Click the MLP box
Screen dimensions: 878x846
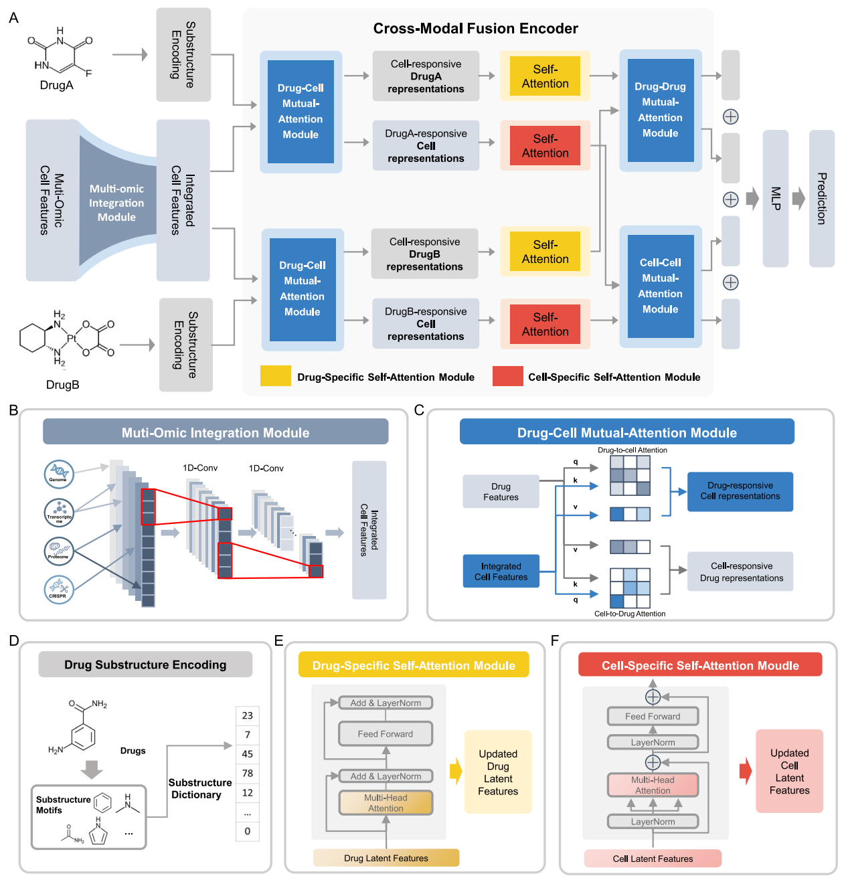(775, 198)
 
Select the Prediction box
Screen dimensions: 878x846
(821, 198)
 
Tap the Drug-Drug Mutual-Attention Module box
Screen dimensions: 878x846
(660, 110)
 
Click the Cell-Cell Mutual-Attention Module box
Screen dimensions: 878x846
(660, 286)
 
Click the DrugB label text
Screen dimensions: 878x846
(63, 385)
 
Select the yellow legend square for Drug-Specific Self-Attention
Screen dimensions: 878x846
(275, 376)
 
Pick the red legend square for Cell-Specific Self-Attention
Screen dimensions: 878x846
(507, 376)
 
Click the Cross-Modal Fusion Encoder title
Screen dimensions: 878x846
(475, 29)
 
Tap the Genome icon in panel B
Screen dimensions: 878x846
(58, 473)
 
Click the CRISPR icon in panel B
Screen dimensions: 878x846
(58, 589)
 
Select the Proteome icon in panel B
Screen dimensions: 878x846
(58, 550)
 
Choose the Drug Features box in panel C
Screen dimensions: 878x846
(501, 491)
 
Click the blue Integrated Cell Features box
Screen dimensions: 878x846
(501, 572)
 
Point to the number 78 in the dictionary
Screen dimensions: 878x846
(248, 774)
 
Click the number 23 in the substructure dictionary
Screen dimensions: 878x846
(248, 715)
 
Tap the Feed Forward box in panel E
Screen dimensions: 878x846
(386, 733)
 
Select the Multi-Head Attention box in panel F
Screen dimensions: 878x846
(653, 785)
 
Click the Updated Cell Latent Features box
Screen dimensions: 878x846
(789, 772)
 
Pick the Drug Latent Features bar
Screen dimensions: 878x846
(386, 858)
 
